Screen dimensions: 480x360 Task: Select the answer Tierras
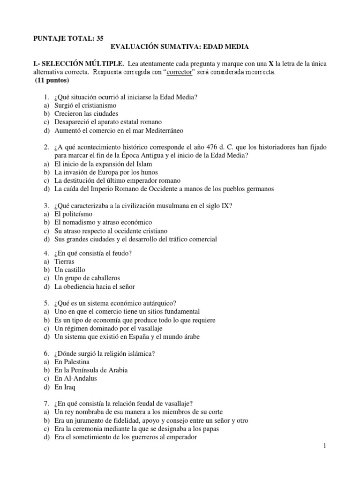(x=65, y=262)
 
